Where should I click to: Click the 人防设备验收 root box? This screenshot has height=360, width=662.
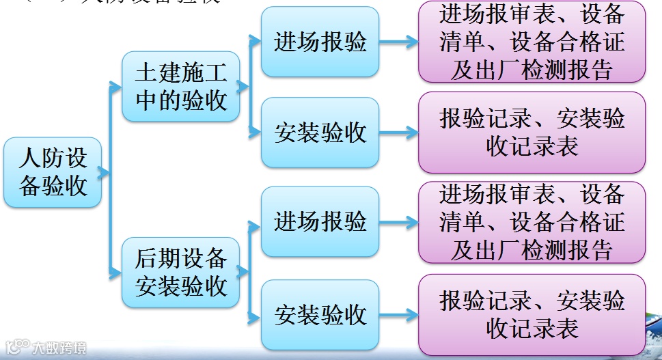[53, 173]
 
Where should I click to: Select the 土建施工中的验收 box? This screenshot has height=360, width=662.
[181, 87]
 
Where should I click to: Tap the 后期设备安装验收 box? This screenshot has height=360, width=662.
[181, 272]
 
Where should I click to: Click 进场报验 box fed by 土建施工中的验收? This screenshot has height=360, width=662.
[320, 42]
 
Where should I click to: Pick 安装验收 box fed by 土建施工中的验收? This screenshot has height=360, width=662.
[320, 133]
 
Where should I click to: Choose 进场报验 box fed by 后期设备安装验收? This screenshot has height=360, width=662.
[320, 221]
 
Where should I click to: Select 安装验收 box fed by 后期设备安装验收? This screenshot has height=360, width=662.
[320, 315]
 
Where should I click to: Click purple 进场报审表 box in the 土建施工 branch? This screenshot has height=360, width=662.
[532, 42]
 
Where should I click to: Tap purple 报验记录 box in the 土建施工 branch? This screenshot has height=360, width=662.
[532, 133]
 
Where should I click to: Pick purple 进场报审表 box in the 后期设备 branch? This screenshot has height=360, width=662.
[532, 222]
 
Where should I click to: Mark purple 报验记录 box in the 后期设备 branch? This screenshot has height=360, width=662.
[532, 315]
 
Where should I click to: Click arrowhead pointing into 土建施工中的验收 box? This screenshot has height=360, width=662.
[116, 86]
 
